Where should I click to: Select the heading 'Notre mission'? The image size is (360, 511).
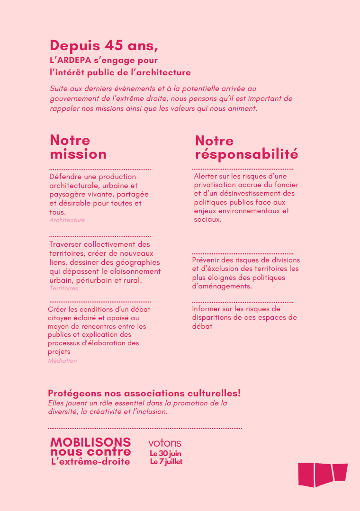pyautogui.click(x=78, y=147)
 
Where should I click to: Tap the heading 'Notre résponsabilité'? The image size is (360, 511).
pyautogui.click(x=246, y=147)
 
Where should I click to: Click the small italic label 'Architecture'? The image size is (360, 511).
pyautogui.click(x=67, y=220)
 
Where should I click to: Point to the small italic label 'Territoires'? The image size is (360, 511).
pyautogui.click(x=63, y=288)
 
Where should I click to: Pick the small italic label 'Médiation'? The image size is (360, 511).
pyautogui.click(x=62, y=361)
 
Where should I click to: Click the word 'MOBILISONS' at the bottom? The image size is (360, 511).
pyautogui.click(x=90, y=442)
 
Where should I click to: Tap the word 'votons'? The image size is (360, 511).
pyautogui.click(x=165, y=443)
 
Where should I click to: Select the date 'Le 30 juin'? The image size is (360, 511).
pyautogui.click(x=165, y=454)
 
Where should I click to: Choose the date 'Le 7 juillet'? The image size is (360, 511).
pyautogui.click(x=166, y=462)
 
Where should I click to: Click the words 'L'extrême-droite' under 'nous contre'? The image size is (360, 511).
pyautogui.click(x=90, y=462)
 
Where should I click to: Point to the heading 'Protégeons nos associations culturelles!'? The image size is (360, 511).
pyautogui.click(x=144, y=394)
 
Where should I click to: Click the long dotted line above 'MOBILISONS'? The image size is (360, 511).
pyautogui.click(x=145, y=429)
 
